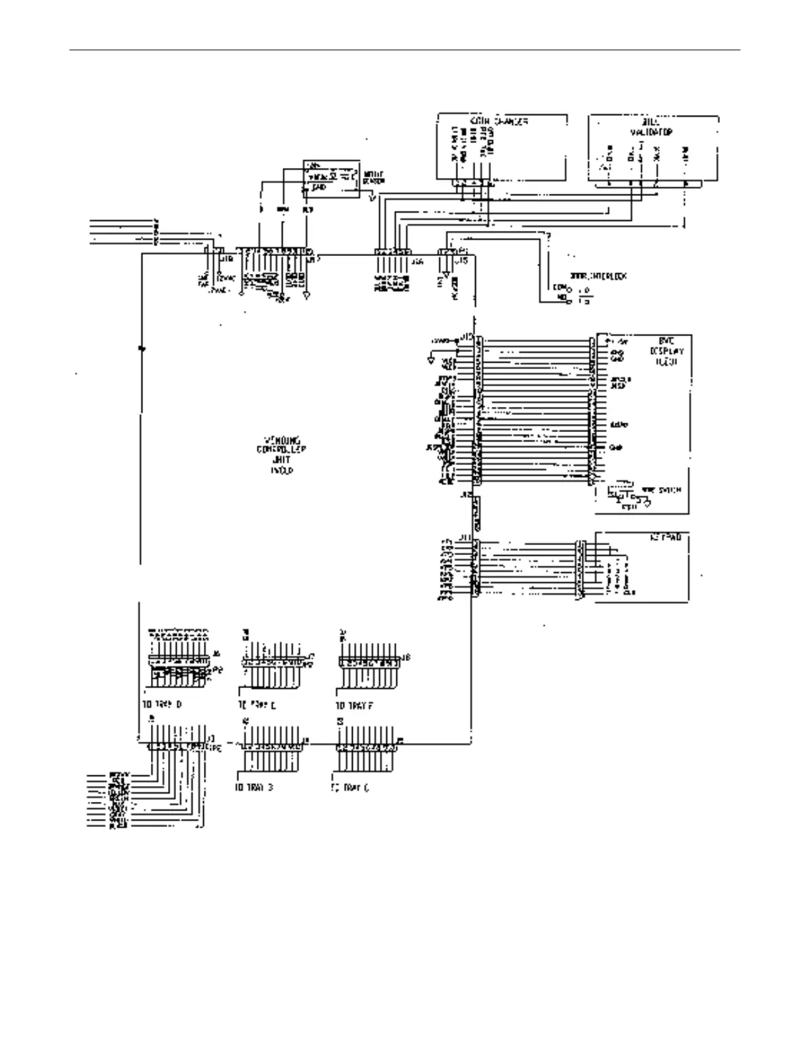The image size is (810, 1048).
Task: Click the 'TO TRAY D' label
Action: click(x=162, y=704)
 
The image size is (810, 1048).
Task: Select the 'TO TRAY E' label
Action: click(x=257, y=705)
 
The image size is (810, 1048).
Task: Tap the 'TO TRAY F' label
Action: click(x=355, y=705)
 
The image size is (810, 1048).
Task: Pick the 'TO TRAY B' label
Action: click(x=254, y=787)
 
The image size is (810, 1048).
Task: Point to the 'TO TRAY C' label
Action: click(x=350, y=787)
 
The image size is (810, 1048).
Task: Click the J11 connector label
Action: click(x=465, y=539)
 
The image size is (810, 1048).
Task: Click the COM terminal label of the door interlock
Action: click(x=557, y=287)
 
